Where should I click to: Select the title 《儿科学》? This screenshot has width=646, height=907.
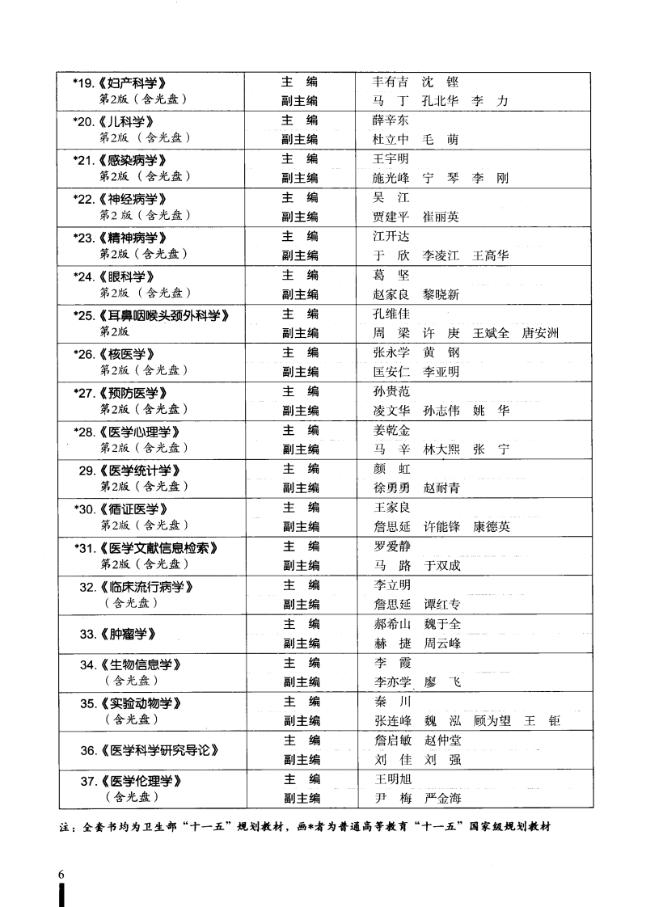(125, 121)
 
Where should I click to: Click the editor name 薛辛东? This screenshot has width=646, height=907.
(391, 120)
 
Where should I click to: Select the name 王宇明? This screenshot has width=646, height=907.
(391, 159)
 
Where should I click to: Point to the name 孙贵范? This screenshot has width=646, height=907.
(391, 391)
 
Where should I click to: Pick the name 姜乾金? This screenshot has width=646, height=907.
(391, 430)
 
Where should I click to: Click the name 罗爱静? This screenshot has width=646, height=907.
(391, 546)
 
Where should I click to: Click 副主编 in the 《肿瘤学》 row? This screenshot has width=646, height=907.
(302, 643)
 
